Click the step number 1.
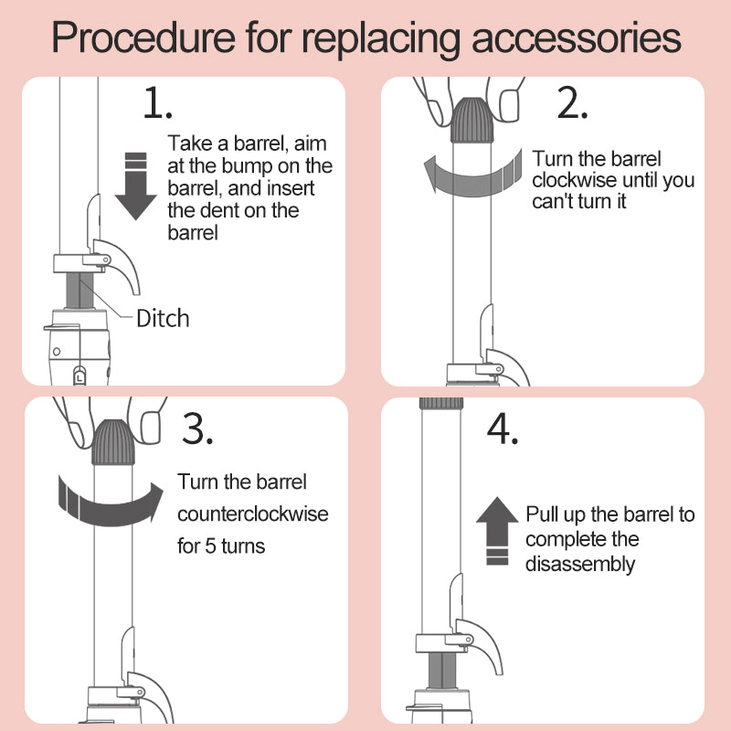click(x=157, y=104)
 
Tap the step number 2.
click(x=572, y=104)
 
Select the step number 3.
click(x=197, y=429)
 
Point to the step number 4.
click(x=503, y=429)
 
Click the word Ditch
click(x=163, y=318)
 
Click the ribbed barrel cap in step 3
click(x=114, y=442)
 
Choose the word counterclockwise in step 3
click(x=253, y=514)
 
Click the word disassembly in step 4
click(x=579, y=564)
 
